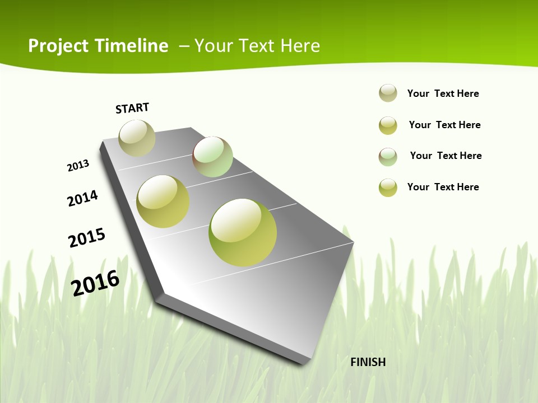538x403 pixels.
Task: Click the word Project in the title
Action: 58,46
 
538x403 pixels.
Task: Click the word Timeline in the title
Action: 134,46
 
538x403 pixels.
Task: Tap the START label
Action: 132,108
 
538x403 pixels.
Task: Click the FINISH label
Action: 368,362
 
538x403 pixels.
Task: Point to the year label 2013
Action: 78,166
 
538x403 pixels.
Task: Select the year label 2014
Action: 82,198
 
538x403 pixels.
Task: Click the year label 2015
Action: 87,237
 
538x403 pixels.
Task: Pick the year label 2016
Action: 95,283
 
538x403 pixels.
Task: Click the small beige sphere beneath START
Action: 137,138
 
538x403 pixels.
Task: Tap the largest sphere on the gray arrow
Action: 243,232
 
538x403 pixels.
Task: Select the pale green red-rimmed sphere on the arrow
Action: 212,157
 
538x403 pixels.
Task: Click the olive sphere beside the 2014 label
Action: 163,201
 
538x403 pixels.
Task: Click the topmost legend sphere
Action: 388,93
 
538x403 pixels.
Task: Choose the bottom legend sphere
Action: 388,188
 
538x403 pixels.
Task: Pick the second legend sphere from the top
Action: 388,125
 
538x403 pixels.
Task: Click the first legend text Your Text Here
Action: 443,93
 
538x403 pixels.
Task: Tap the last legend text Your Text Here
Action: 443,187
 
